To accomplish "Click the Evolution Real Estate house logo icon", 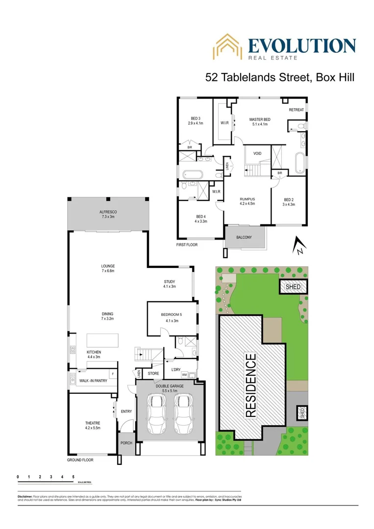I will (227, 47).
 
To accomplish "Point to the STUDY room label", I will (170, 284).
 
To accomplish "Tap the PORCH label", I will (126, 444).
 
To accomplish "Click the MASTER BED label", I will (259, 121).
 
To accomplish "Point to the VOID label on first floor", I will (257, 154).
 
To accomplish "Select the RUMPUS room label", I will (247, 201).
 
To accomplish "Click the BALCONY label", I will (244, 238).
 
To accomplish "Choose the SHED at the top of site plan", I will (293, 287).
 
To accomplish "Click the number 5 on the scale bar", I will (74, 476).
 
